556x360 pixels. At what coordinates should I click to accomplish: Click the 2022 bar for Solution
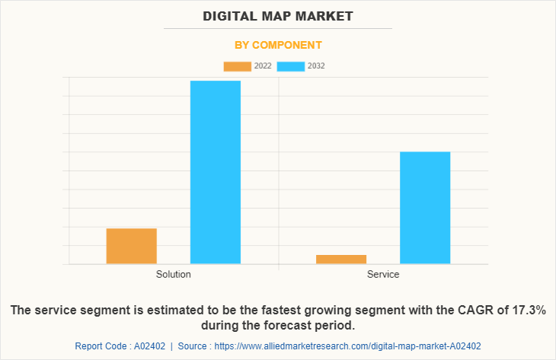point(132,246)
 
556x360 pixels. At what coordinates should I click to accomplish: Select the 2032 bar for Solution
point(216,172)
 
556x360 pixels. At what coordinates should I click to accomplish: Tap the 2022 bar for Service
point(341,259)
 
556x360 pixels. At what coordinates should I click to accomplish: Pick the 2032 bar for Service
point(425,208)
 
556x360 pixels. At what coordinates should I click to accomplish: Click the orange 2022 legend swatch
point(237,66)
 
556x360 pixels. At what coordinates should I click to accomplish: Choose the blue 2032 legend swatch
point(291,66)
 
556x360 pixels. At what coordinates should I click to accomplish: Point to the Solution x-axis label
point(174,274)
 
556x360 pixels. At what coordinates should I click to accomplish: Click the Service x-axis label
point(383,274)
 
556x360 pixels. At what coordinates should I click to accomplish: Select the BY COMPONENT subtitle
point(278,45)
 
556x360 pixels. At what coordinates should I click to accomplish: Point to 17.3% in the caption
point(526,311)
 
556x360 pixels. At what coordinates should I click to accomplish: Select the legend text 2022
point(263,66)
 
